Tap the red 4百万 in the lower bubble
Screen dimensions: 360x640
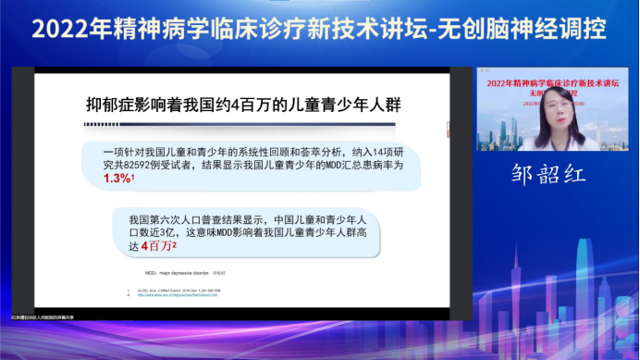point(157,245)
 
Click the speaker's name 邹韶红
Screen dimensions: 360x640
point(549,173)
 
